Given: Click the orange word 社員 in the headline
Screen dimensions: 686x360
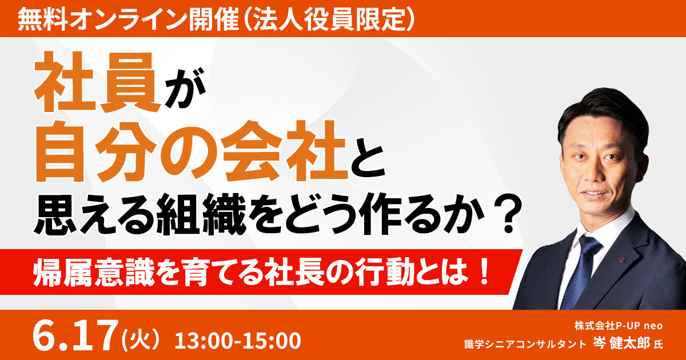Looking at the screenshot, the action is click(97, 82).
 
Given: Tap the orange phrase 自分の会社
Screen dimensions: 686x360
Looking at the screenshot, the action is click(191, 151).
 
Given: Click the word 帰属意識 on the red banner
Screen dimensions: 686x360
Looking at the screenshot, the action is click(93, 272).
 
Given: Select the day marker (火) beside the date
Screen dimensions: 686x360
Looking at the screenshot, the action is click(141, 339).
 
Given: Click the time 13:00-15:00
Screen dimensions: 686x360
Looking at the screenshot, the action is click(238, 341).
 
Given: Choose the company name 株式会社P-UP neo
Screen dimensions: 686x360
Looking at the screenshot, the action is click(619, 326).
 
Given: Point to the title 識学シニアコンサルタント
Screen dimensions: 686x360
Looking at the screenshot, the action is click(525, 344).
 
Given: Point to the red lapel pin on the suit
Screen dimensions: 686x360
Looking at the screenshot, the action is click(622, 260).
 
